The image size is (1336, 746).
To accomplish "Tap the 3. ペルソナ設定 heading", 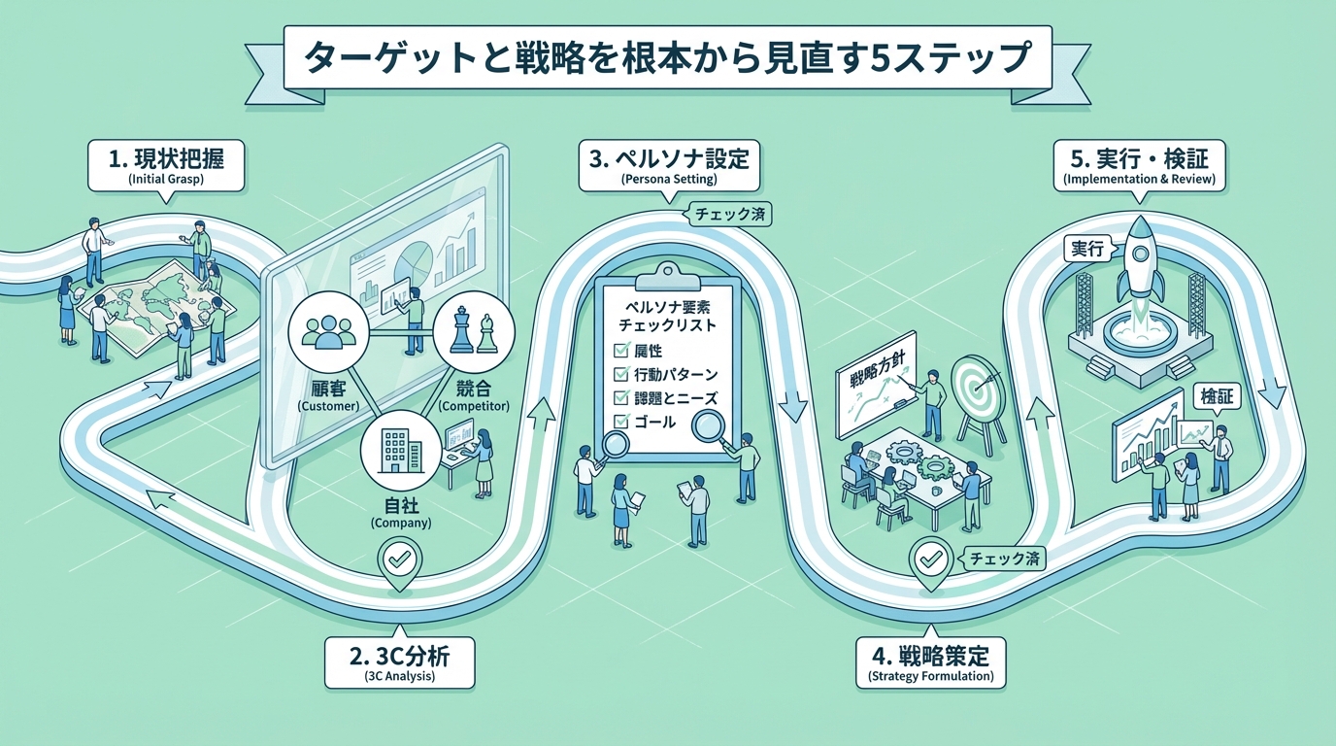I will click(669, 164).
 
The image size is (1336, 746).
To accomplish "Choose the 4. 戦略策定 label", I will click(929, 661).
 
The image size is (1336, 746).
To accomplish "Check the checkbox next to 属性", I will click(620, 351).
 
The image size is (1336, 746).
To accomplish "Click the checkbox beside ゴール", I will click(620, 422).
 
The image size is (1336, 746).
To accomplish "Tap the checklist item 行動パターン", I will click(678, 374).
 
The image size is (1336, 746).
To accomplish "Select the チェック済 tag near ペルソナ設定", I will click(728, 214).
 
